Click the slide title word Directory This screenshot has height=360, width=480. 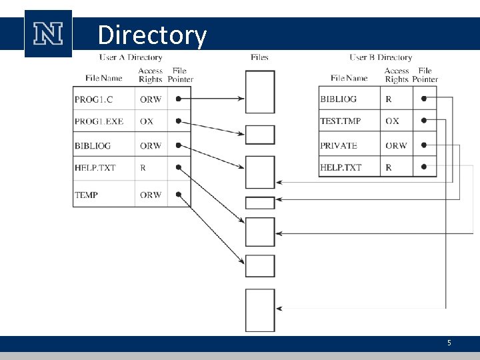[152, 35]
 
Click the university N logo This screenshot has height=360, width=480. [48, 33]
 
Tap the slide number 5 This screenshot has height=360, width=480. [449, 343]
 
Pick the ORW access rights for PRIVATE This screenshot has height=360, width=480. [396, 145]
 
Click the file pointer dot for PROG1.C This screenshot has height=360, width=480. [178, 99]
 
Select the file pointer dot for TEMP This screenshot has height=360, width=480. [178, 195]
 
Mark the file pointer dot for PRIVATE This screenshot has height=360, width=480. [424, 145]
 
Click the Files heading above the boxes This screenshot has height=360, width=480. [259, 57]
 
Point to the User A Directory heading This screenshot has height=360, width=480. [131, 57]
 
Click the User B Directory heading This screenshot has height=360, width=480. [381, 57]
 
